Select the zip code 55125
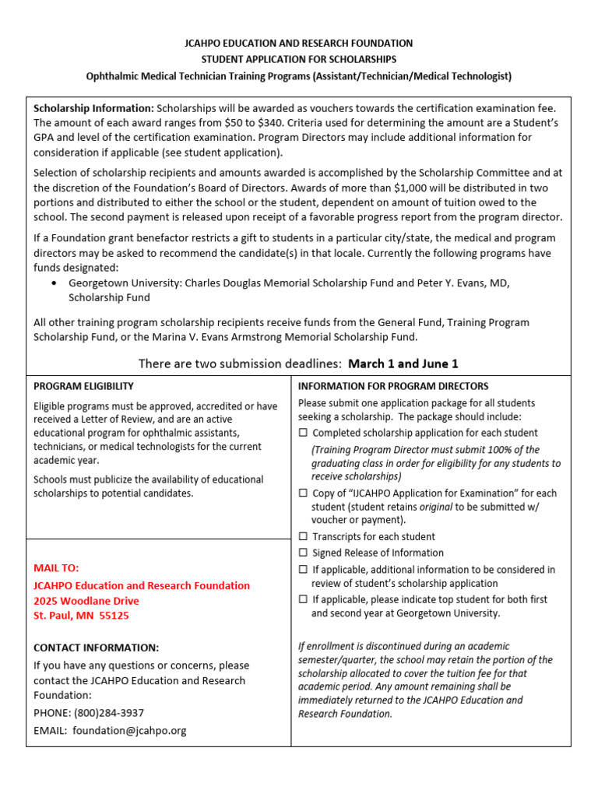point(113,615)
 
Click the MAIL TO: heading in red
point(56,567)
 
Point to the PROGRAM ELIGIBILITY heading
point(83,386)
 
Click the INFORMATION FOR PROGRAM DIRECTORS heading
point(393,386)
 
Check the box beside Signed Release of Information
point(303,553)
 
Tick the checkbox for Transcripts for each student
point(303,536)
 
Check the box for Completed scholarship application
point(303,433)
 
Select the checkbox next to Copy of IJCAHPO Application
point(303,493)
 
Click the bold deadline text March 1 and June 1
point(403,363)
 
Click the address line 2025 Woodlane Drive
point(86,600)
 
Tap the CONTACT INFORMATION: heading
point(96,648)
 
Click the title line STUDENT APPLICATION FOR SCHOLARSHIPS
point(299,59)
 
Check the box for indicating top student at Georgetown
point(303,599)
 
